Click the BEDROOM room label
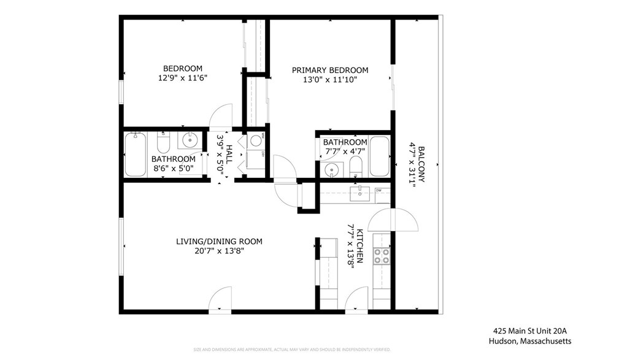tap(182, 68)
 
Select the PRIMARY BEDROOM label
tap(329, 71)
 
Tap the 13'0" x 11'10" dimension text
tap(329, 80)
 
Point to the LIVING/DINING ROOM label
tap(219, 242)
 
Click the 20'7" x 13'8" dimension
tap(219, 251)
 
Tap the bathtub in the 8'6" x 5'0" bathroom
tap(136, 155)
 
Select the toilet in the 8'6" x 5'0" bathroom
tap(163, 144)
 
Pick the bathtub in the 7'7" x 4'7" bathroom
tap(379, 156)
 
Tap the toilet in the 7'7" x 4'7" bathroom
tap(356, 166)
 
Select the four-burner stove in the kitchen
tap(381, 256)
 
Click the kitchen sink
tap(358, 194)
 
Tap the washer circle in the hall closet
tap(254, 141)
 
